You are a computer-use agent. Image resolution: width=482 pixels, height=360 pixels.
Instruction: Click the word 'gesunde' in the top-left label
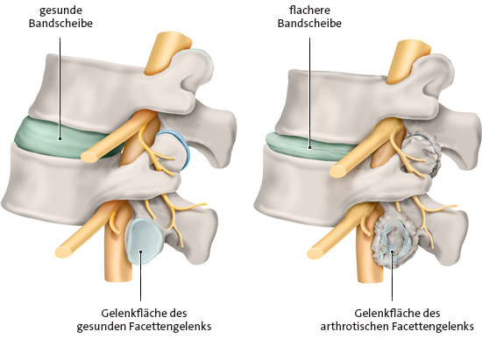click(x=60, y=10)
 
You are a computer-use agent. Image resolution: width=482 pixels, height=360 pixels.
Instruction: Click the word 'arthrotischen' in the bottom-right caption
click(x=358, y=326)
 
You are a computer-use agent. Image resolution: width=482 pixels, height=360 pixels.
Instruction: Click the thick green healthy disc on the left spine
click(x=53, y=133)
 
